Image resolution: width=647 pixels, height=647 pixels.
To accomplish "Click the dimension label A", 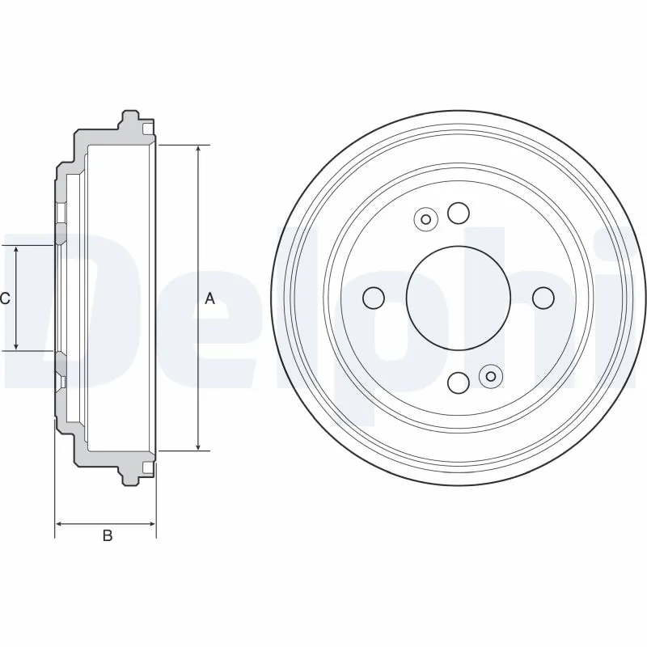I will [x=209, y=298].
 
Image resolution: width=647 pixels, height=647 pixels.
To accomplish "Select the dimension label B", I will [x=107, y=536].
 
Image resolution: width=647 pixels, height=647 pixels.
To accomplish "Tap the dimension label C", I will [x=5, y=298].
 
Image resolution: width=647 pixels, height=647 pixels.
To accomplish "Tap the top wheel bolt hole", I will [x=459, y=213].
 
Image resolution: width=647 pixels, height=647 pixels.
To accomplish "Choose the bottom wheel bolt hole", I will [x=459, y=382].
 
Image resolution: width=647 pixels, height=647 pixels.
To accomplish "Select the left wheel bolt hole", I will [x=374, y=298].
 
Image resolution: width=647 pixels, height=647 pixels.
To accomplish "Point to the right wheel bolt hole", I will [x=543, y=298].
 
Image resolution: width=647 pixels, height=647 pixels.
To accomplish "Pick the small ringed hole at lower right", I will [x=490, y=376].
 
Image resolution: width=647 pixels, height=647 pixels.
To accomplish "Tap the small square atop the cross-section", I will [x=146, y=128].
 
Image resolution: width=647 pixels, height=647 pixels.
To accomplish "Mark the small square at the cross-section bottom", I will [x=146, y=467].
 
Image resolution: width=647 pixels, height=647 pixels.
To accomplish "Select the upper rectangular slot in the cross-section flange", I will [x=60, y=213].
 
